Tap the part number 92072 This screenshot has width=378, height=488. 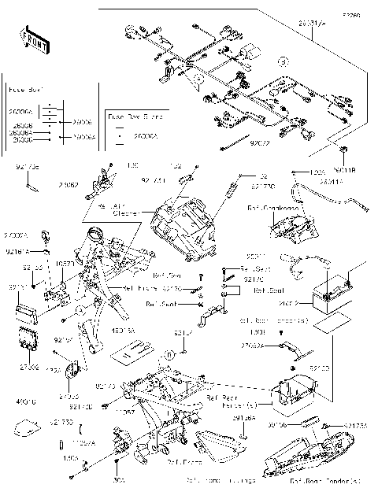tap(259, 145)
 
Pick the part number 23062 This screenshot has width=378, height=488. tap(68, 186)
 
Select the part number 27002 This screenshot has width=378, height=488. tap(29, 367)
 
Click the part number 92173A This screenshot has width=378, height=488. tap(356, 425)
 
